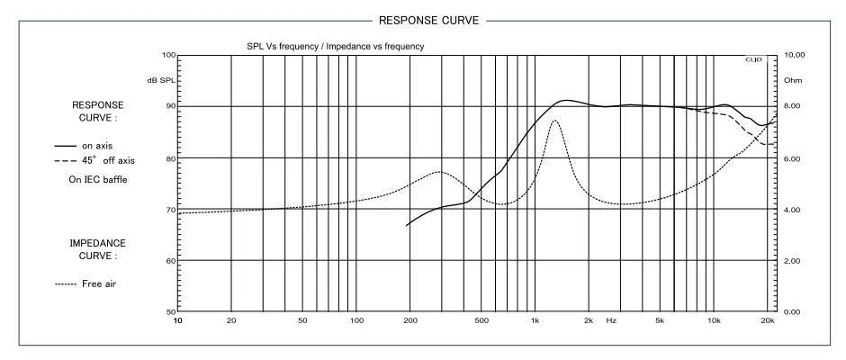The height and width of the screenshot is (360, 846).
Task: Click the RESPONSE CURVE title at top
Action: tap(422, 17)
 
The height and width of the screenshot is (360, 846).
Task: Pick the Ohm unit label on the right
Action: tap(793, 81)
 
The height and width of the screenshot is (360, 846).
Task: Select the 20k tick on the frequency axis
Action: tap(768, 320)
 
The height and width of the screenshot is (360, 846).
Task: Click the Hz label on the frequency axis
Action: tap(611, 320)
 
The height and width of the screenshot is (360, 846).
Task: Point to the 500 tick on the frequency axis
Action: tap(481, 320)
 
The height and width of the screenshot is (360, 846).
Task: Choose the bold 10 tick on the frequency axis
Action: tap(178, 320)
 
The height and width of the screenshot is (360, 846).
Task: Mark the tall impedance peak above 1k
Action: tap(555, 121)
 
